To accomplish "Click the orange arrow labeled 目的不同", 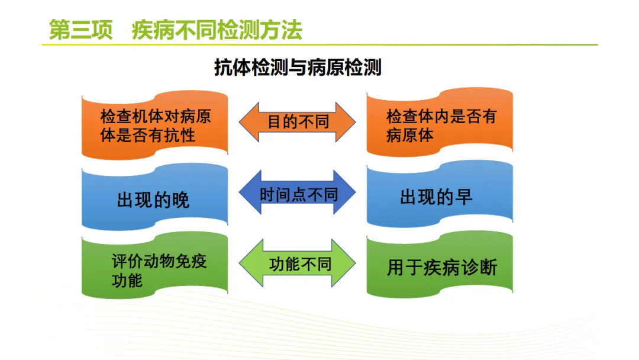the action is [x=297, y=122].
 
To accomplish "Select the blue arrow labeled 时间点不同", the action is [x=297, y=192].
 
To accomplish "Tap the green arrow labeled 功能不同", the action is [x=297, y=263].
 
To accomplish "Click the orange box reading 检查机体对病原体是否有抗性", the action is [x=155, y=125].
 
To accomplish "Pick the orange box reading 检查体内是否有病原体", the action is [x=440, y=123].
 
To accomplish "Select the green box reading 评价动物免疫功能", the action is [x=155, y=265].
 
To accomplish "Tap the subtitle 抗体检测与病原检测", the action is [x=298, y=67].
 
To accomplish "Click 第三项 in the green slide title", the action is [x=80, y=30].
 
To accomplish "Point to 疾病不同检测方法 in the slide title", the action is [x=217, y=30].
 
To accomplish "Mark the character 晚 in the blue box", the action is [x=180, y=200].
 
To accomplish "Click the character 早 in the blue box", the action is [x=463, y=197].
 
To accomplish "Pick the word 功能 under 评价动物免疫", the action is [x=127, y=281].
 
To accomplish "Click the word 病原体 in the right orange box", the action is [x=410, y=135].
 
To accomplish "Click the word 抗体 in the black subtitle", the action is [x=233, y=67].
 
